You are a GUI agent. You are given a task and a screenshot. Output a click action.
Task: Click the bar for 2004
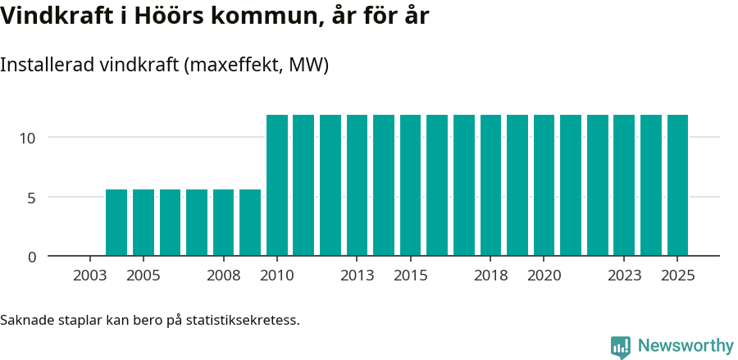116,222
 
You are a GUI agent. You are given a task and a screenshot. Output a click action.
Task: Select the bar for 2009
250,222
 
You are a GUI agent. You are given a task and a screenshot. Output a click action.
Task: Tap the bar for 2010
277,185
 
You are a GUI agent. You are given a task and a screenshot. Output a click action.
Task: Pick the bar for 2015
410,185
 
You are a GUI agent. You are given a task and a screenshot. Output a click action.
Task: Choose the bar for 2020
544,185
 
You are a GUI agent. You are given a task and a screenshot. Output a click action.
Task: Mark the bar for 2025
677,185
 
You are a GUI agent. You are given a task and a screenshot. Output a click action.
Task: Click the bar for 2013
357,185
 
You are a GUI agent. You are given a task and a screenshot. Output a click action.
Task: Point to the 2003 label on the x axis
89,276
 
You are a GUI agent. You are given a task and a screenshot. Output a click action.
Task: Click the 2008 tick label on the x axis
223,276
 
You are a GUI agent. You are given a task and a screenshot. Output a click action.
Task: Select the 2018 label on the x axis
490,276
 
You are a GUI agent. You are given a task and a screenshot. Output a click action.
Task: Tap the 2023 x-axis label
624,276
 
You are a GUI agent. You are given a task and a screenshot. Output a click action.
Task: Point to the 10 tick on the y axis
28,138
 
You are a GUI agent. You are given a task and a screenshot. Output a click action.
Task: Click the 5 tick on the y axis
32,198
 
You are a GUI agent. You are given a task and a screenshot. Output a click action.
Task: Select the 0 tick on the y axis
32,257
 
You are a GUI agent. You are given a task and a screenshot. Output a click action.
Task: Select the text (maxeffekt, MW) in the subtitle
257,66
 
